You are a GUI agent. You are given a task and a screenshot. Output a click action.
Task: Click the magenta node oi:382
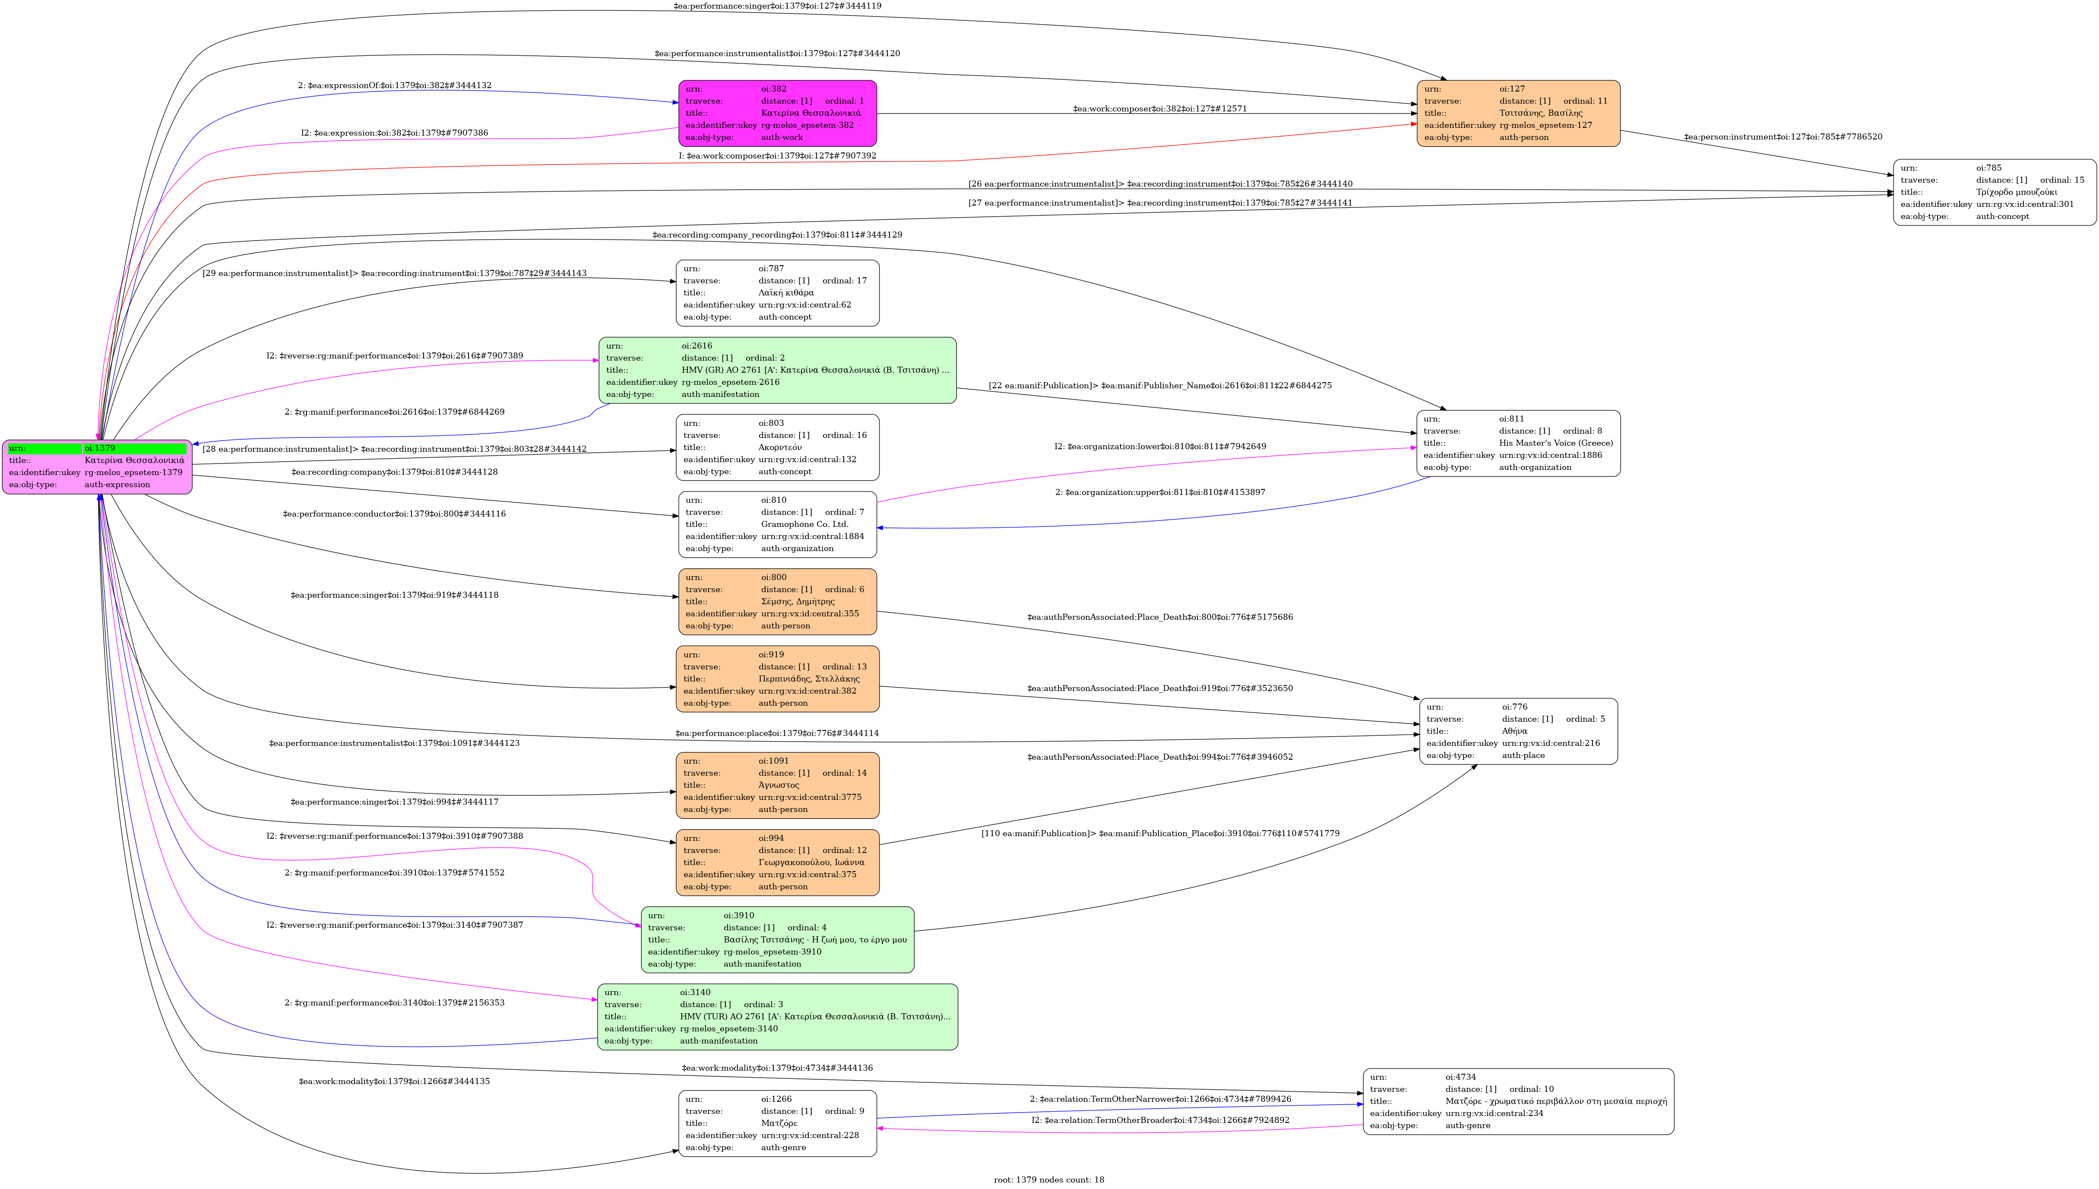(777, 114)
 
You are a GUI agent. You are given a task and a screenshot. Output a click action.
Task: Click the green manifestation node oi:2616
(777, 370)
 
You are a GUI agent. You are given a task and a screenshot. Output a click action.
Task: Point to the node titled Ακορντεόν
(777, 447)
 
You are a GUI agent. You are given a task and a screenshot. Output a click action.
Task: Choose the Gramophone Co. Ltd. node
(777, 524)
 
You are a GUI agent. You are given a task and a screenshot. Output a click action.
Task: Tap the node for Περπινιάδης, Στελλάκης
(777, 679)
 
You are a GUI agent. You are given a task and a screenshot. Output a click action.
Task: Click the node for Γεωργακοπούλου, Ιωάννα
(777, 862)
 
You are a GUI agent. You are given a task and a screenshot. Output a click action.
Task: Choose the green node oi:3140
(777, 1017)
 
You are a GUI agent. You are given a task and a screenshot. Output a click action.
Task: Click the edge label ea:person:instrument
(1783, 137)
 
